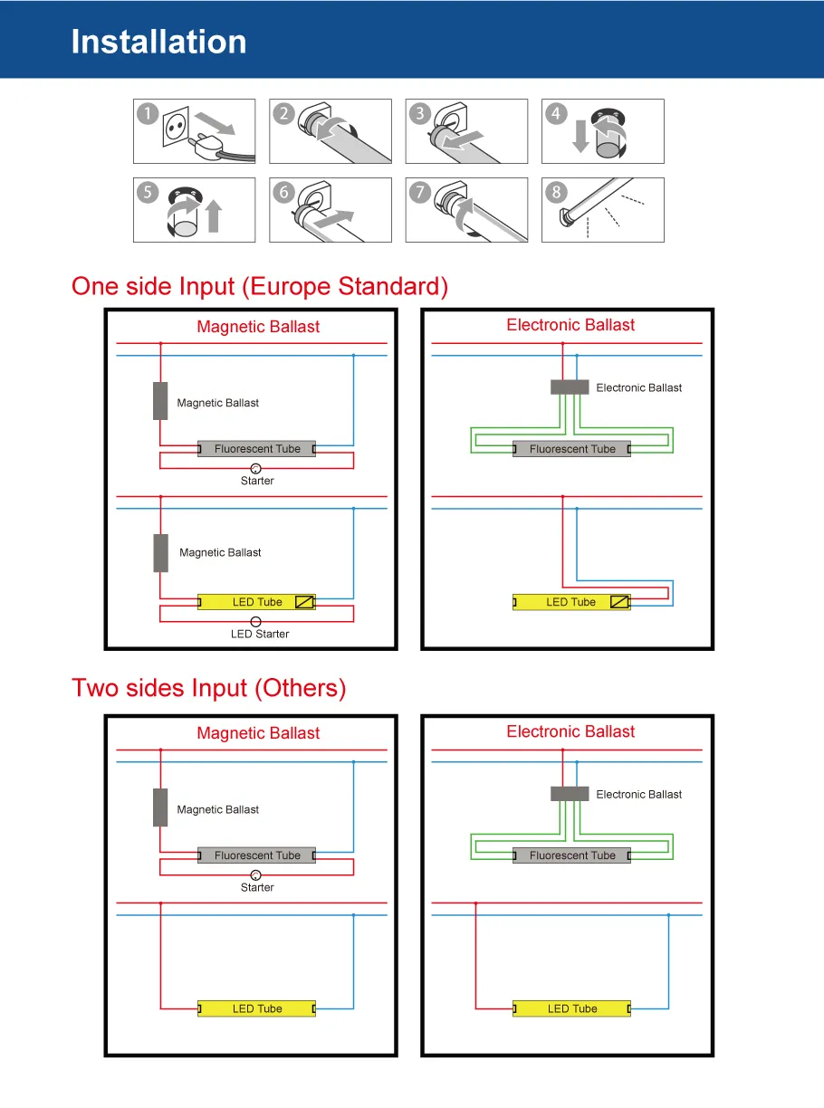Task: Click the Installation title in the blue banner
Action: (158, 42)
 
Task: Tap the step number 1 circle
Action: (148, 114)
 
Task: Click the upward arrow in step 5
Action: (214, 216)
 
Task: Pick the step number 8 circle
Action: (556, 192)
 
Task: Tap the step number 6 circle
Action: (284, 192)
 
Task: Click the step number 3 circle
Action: (420, 114)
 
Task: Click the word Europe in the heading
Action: (289, 286)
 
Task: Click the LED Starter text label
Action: (260, 635)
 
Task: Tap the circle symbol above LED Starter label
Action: (256, 622)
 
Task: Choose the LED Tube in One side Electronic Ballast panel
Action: (571, 602)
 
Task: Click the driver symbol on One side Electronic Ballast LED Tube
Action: (619, 602)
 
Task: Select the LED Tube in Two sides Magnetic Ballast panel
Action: (257, 1008)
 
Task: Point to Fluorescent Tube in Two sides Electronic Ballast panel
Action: (571, 855)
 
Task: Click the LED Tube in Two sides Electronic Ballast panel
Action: (571, 1008)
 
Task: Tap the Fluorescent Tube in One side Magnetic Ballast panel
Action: (257, 449)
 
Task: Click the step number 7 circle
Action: (420, 192)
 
